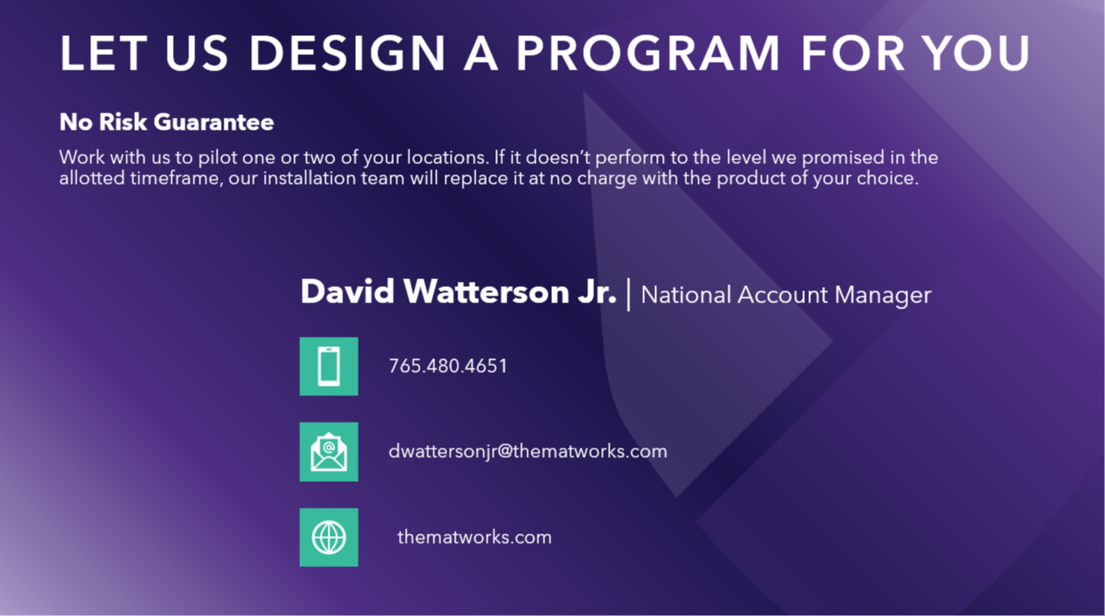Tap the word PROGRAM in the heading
click(x=648, y=53)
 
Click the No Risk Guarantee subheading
click(x=167, y=122)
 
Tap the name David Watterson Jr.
click(x=458, y=293)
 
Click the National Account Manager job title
click(x=786, y=296)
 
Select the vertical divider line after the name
click(x=629, y=295)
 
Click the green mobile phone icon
click(x=328, y=366)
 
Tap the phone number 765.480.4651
click(x=448, y=366)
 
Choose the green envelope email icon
click(x=328, y=452)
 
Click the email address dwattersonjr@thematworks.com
click(x=527, y=452)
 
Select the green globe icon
click(x=328, y=538)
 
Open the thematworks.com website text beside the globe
click(x=474, y=538)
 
